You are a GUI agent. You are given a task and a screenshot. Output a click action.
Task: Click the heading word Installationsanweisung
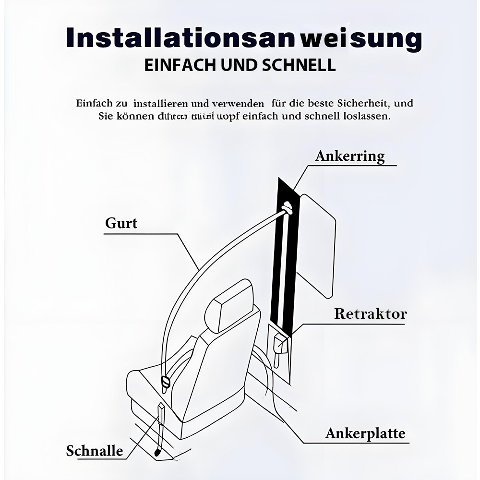click(244, 38)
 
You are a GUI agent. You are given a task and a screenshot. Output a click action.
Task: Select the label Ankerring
click(350, 156)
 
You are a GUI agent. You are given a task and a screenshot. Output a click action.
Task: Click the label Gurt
click(121, 223)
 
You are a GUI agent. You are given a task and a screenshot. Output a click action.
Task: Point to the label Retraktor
click(370, 314)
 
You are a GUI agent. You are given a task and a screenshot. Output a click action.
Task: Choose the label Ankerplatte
click(365, 433)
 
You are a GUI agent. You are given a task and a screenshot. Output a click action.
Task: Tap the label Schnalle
click(95, 451)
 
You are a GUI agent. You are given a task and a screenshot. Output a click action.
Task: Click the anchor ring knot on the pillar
click(287, 207)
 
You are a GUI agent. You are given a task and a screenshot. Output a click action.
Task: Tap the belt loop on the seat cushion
click(166, 382)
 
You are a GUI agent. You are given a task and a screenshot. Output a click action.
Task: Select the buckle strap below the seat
click(160, 427)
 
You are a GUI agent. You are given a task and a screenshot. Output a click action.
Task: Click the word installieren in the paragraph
click(161, 103)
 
